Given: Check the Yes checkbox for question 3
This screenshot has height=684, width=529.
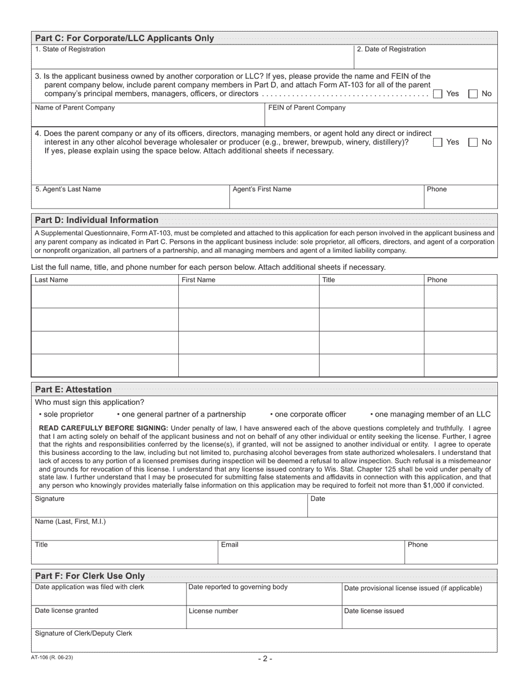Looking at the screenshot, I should click(438, 94).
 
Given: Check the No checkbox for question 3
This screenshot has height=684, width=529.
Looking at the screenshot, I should click(473, 94).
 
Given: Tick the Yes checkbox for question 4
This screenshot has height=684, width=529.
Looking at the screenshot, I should click(438, 142).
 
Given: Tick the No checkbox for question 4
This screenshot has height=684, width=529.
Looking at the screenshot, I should click(473, 142).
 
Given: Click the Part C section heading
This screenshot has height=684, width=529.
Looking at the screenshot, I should click(124, 38).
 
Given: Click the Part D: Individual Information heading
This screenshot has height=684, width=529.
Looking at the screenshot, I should click(96, 220).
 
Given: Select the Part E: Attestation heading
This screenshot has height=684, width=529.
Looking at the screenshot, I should click(73, 389).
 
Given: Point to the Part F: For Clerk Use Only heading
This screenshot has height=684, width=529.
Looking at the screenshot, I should click(90, 576).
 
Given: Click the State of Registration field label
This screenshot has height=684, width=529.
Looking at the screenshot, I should click(70, 49).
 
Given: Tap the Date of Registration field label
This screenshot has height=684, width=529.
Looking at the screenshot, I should click(391, 49).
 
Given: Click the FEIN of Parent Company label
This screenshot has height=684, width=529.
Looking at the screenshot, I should click(307, 108).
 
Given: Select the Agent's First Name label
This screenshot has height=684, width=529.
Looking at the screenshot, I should click(262, 190).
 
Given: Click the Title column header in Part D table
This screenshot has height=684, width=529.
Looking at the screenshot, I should click(329, 280).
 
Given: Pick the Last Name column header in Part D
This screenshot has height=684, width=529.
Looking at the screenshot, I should click(51, 280).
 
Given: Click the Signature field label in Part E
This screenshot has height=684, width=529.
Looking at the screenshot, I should click(50, 499).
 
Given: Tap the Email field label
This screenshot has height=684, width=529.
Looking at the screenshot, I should click(229, 545).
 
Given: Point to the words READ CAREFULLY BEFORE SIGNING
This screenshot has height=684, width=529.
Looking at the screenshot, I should click(103, 428).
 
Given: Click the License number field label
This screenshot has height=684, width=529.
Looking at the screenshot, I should click(213, 611).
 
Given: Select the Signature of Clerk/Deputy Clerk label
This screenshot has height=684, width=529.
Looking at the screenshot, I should click(84, 633).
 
